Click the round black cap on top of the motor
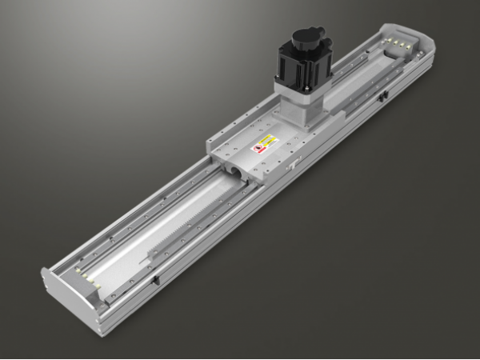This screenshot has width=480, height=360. [x=306, y=38]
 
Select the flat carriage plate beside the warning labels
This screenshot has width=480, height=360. [x=240, y=140]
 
